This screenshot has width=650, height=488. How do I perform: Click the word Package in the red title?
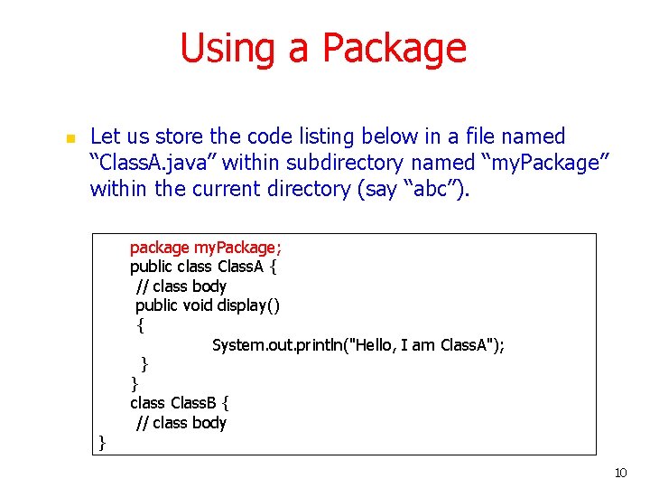pyautogui.click(x=394, y=48)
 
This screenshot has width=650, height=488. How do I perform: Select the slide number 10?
pyautogui.click(x=619, y=473)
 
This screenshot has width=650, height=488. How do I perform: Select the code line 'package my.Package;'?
pyautogui.click(x=206, y=248)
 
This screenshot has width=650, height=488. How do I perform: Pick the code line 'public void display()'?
pyautogui.click(x=208, y=305)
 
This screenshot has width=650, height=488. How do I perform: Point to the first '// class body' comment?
pyautogui.click(x=181, y=286)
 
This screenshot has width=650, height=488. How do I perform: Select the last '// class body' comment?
pyautogui.click(x=181, y=422)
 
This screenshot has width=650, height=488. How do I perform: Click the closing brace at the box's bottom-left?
pyautogui.click(x=102, y=442)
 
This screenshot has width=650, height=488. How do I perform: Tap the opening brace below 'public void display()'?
pyautogui.click(x=140, y=324)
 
